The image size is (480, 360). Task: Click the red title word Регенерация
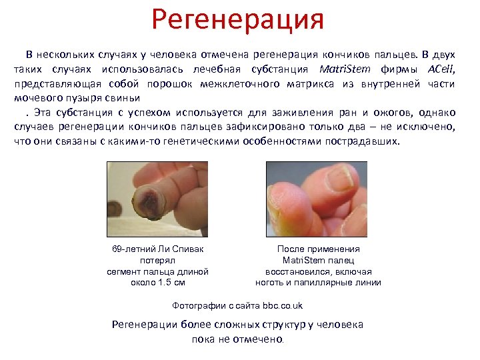[x=237, y=20]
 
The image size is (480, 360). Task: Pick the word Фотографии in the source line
[x=195, y=306]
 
